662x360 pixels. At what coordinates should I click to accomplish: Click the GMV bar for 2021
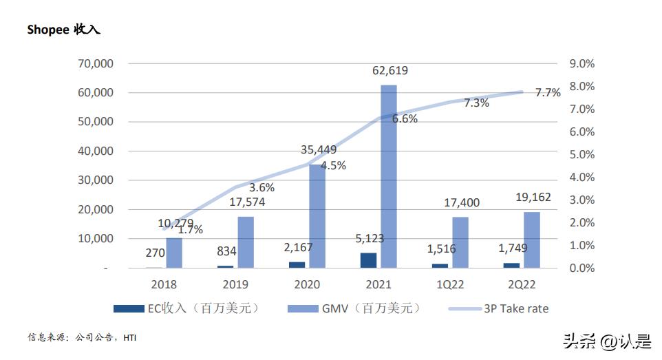pyautogui.click(x=389, y=176)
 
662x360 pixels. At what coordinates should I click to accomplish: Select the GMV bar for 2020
pyautogui.click(x=317, y=215)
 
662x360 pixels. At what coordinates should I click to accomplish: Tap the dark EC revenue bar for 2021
pyautogui.click(x=370, y=260)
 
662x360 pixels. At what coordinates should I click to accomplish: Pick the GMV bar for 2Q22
pyautogui.click(x=532, y=240)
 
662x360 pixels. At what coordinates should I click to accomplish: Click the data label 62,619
pyautogui.click(x=391, y=70)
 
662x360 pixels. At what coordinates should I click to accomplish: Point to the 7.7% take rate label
pyautogui.click(x=548, y=93)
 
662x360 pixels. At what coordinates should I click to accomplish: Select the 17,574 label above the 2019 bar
pyautogui.click(x=246, y=202)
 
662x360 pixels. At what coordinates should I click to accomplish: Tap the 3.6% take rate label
pyautogui.click(x=261, y=187)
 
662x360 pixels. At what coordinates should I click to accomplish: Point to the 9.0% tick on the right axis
pyautogui.click(x=581, y=63)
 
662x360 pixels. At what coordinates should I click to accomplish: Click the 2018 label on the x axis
pyautogui.click(x=164, y=284)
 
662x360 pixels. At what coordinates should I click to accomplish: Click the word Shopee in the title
pyautogui.click(x=47, y=30)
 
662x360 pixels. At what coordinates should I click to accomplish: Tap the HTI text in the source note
pyautogui.click(x=130, y=337)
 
